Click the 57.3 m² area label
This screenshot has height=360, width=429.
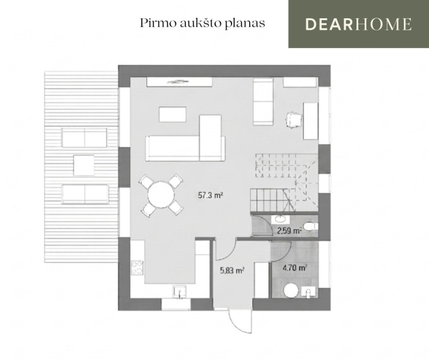click(209, 195)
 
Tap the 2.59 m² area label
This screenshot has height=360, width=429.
click(289, 231)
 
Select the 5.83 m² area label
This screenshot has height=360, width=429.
click(232, 271)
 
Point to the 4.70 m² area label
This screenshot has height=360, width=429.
click(294, 268)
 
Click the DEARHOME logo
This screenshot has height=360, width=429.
click(358, 24)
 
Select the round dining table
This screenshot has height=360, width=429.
click(161, 195)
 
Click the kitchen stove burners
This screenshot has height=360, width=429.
click(137, 268)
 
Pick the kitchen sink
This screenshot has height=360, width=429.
click(179, 292)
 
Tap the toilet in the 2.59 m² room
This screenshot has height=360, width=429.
click(311, 226)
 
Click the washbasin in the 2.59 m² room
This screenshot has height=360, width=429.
click(280, 219)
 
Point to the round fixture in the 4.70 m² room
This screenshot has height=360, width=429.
click(291, 291)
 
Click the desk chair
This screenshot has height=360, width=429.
click(295, 119)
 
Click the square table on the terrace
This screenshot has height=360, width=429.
click(84, 165)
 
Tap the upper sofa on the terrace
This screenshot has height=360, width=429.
click(85, 137)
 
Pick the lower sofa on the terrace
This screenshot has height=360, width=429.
click(85, 195)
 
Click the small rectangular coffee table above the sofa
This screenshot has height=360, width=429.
click(173, 114)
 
